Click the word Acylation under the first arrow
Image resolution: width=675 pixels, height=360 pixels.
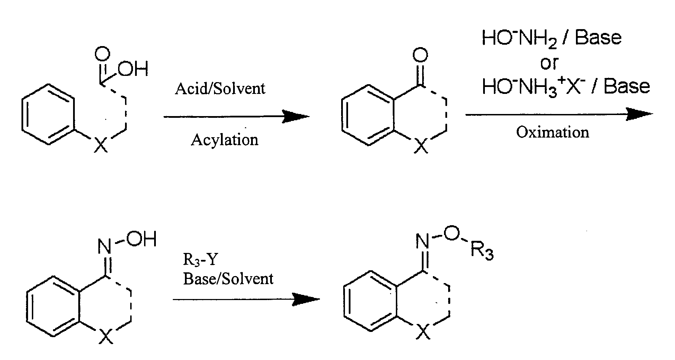point(224,140)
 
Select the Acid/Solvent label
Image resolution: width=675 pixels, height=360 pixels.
point(220,89)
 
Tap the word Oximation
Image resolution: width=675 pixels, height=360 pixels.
point(552,132)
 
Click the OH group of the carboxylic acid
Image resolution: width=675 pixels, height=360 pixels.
point(133,69)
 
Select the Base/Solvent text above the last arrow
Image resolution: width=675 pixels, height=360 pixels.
point(228,279)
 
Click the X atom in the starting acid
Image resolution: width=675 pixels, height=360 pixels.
point(101,145)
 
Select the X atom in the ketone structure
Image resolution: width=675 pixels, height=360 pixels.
point(421,146)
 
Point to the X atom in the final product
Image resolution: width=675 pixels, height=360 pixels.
point(423,332)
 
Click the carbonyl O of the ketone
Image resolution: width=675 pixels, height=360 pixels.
point(420,55)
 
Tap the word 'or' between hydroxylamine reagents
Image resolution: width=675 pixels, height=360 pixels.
point(549,63)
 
